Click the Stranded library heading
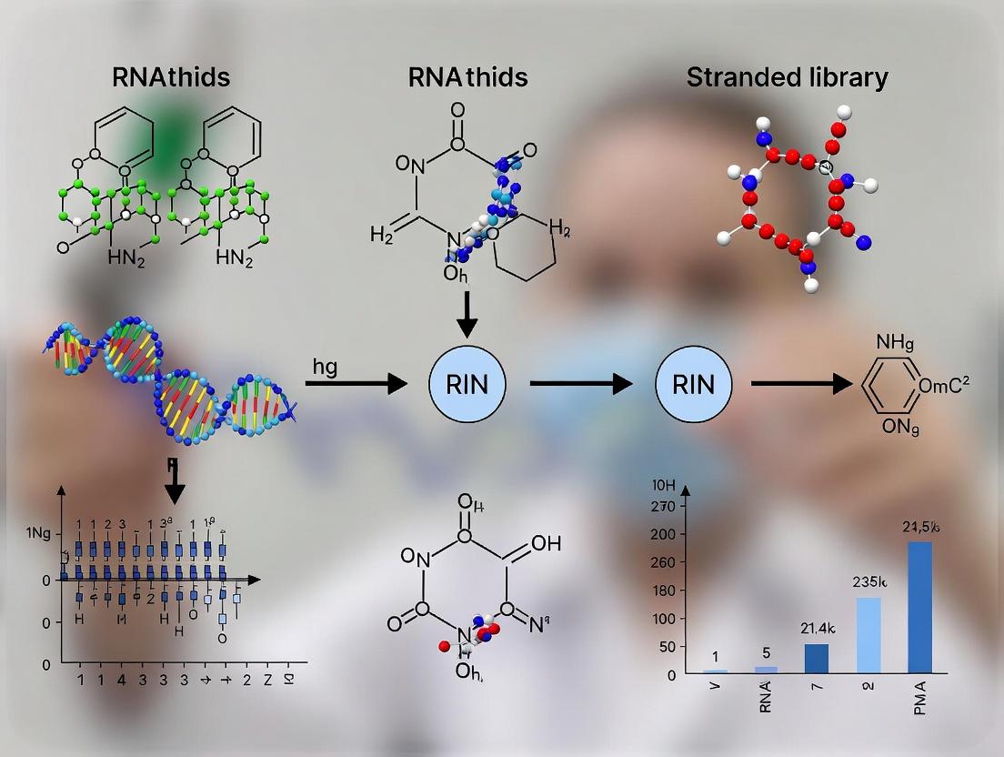click(787, 77)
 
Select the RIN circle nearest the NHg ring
click(693, 384)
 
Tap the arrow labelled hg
click(356, 384)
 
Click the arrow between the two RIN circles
click(581, 384)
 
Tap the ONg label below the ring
click(898, 426)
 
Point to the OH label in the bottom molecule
click(545, 543)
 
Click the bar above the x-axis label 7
click(816, 657)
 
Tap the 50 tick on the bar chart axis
click(668, 646)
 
